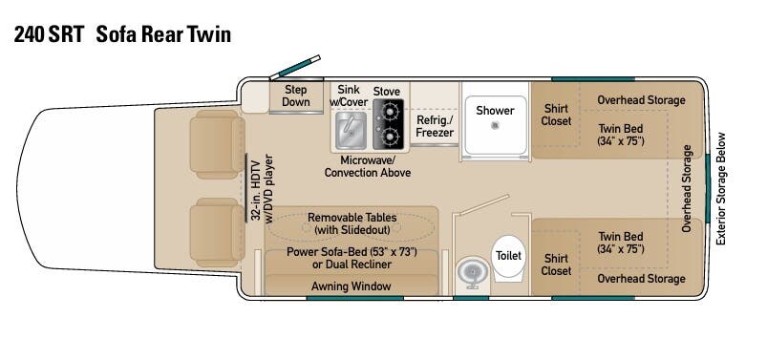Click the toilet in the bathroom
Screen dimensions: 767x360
coord(508,259)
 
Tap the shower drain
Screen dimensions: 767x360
coord(495,126)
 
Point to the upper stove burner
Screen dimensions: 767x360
coord(390,113)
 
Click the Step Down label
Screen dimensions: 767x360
coord(296,95)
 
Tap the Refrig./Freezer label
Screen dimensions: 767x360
coord(435,126)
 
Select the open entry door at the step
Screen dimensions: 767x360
coord(295,68)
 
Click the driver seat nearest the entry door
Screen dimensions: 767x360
coord(217,144)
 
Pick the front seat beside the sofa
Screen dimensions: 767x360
coord(217,232)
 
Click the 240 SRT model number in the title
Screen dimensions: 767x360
coord(50,34)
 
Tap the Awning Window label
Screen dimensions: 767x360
coord(352,286)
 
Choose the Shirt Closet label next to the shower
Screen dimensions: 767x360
coord(556,115)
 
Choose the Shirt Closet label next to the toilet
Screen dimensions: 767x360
coord(556,265)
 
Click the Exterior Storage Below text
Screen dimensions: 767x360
coord(721,189)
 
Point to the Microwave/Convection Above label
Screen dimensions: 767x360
coord(368,166)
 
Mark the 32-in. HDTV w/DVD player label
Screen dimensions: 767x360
coord(262,189)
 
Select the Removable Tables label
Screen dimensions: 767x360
coord(352,218)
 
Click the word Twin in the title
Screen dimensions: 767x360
coord(210,34)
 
